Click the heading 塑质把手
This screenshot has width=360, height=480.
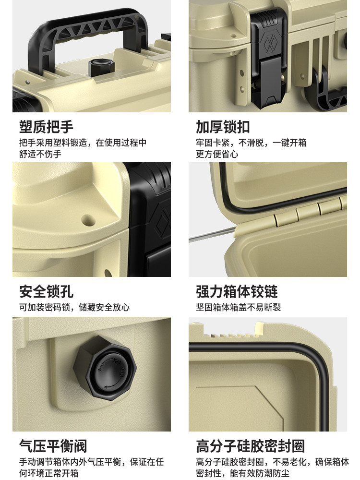click(47, 127)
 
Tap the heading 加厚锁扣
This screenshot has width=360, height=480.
click(223, 127)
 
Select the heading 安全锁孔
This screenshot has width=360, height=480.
click(47, 291)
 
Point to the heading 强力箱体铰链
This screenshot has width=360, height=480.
click(237, 291)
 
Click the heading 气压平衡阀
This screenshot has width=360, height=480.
click(53, 446)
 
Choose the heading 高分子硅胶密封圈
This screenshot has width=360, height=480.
click(250, 446)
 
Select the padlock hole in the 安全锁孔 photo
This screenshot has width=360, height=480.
click(88, 220)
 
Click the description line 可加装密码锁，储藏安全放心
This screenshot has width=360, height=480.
click(74, 307)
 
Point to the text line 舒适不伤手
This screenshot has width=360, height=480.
click(40, 154)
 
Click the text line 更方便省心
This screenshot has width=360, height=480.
click(217, 154)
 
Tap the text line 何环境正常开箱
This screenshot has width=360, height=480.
click(49, 473)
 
